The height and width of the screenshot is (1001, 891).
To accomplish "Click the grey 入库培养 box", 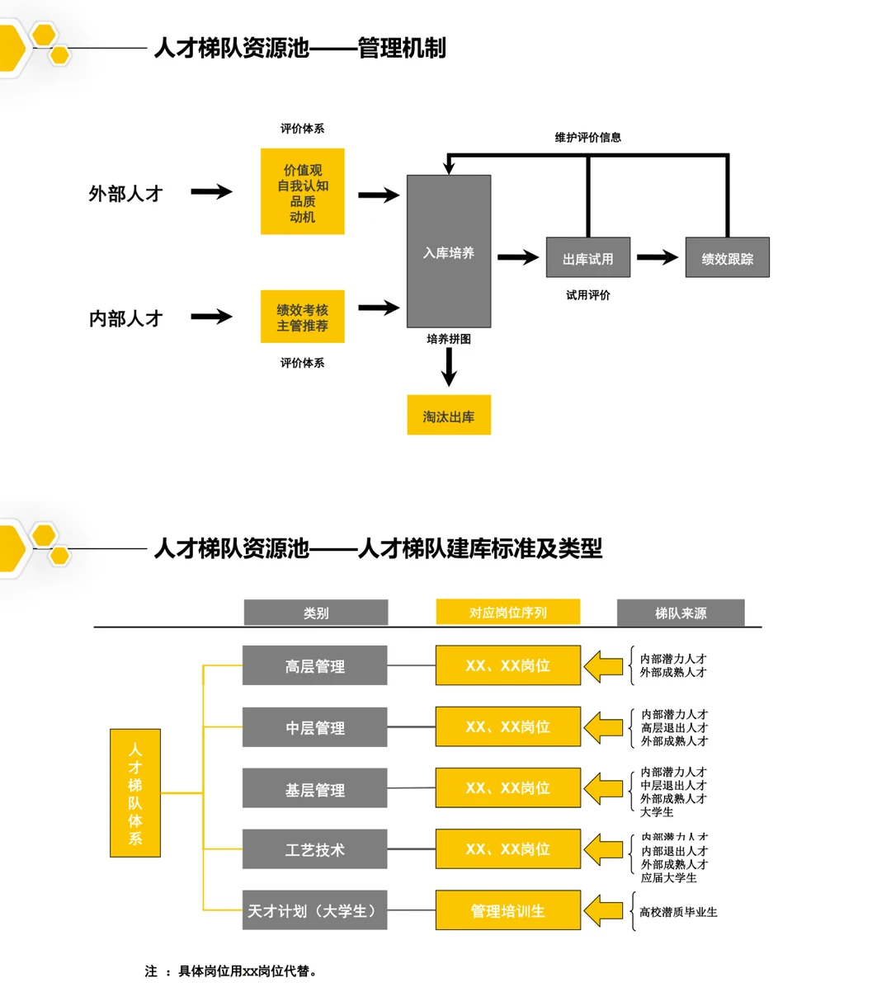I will [449, 251].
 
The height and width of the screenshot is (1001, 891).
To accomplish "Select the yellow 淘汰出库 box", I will [449, 416].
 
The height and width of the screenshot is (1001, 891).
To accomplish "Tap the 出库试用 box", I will [587, 258].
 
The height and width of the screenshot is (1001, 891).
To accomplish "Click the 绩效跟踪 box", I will [727, 258].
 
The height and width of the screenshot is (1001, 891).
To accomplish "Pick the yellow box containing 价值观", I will [302, 192].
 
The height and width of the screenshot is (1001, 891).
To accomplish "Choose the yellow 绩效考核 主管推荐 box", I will [302, 317].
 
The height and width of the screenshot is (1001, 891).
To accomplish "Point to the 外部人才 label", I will [125, 194].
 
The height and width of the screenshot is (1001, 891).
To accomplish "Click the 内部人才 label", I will [125, 318].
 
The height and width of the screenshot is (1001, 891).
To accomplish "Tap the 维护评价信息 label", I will [587, 137].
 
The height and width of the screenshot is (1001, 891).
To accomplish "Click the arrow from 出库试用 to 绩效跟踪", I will [658, 258].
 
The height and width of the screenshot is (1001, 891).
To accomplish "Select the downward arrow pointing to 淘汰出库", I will [449, 367].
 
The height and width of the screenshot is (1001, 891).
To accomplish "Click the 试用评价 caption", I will [587, 294].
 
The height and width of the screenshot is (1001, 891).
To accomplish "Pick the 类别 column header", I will [316, 613].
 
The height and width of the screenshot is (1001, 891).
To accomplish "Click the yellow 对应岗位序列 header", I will [507, 612].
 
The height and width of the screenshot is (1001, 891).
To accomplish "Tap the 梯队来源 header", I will [681, 613].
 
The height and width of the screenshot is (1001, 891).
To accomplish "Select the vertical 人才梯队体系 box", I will [135, 792].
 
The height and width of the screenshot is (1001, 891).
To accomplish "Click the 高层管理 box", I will [314, 665].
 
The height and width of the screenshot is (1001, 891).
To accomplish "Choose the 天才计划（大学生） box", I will [314, 910].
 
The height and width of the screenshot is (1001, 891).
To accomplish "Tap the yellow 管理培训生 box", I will [507, 910].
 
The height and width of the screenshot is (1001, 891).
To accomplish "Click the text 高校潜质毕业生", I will [678, 912].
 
